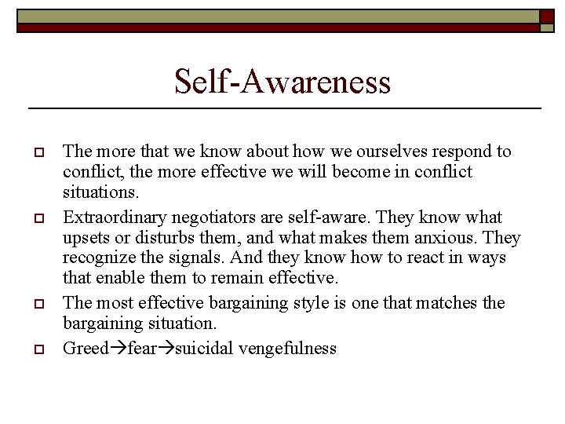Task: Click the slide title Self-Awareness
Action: click(x=282, y=81)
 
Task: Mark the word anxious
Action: click(x=449, y=238)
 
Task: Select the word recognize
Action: click(x=97, y=258)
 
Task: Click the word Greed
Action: click(x=85, y=349)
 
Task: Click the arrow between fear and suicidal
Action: click(x=166, y=349)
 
